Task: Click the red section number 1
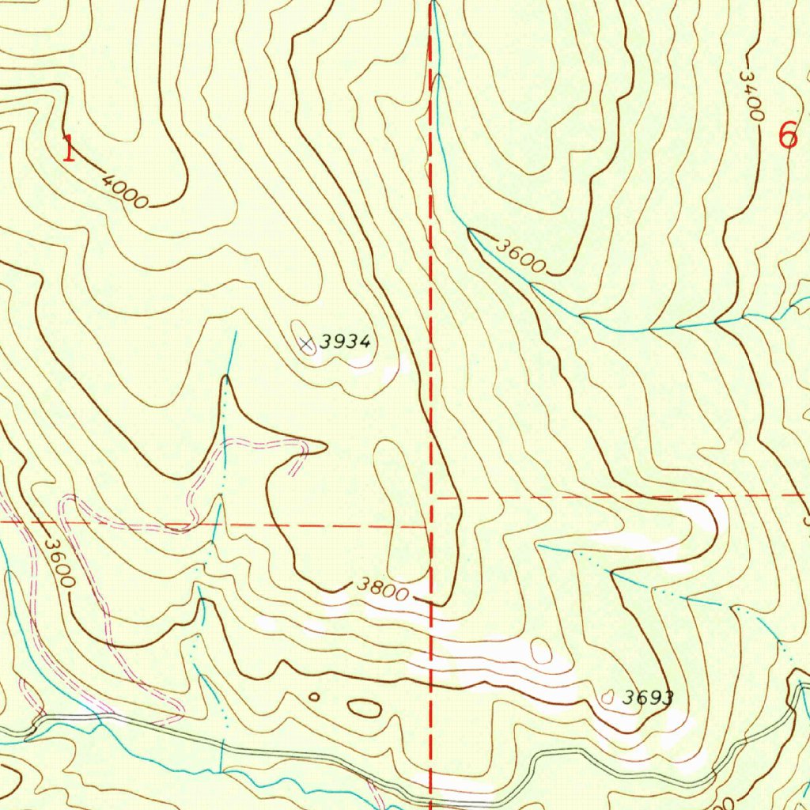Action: pyautogui.click(x=70, y=149)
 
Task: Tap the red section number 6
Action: pyautogui.click(x=788, y=137)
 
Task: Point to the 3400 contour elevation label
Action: pyautogui.click(x=751, y=96)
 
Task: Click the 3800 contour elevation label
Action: pyautogui.click(x=382, y=589)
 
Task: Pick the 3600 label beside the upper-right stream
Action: pyautogui.click(x=520, y=255)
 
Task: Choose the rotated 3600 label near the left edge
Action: pyautogui.click(x=59, y=562)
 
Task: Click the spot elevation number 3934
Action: pyautogui.click(x=346, y=342)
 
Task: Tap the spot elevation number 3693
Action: pyautogui.click(x=647, y=698)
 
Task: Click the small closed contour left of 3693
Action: pyautogui.click(x=607, y=697)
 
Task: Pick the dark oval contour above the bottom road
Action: pyautogui.click(x=364, y=708)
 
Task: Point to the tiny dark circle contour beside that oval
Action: pyautogui.click(x=313, y=697)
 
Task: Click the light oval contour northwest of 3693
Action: pyautogui.click(x=540, y=651)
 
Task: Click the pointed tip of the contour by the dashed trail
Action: pyautogui.click(x=325, y=447)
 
